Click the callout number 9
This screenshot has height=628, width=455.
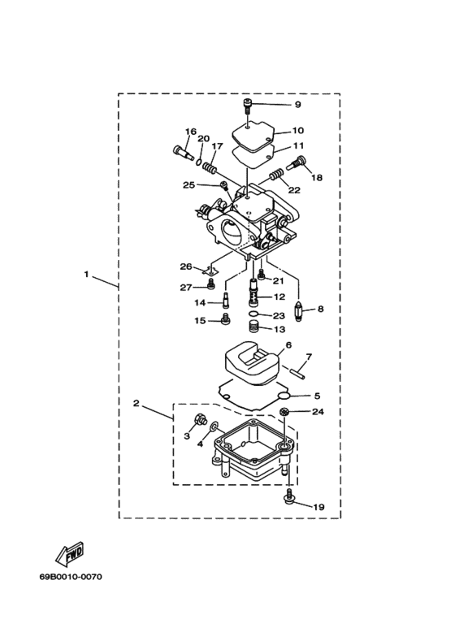297,105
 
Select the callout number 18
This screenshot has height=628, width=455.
317,177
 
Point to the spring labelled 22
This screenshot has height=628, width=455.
276,174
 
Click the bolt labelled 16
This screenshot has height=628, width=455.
183,152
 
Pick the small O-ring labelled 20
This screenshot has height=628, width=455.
199,162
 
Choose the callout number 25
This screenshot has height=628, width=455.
188,185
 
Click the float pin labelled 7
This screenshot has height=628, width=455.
298,371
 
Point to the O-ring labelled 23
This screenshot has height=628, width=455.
254,314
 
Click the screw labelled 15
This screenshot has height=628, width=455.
227,320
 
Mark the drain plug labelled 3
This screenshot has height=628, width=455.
199,420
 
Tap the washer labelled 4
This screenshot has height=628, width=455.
214,426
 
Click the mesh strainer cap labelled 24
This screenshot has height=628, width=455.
284,411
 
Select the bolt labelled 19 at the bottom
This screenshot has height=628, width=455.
288,495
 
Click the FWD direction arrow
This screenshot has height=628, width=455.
69,552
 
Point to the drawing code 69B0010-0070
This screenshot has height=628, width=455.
71,577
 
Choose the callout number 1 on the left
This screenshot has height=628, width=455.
86,275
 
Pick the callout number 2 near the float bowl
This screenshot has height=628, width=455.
136,403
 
